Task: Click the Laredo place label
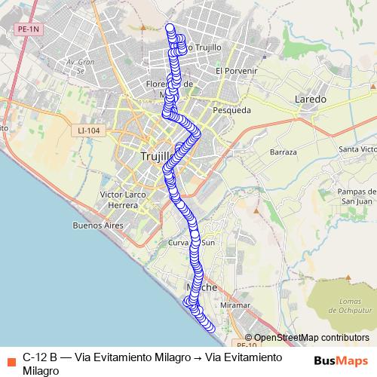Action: coord(311,99)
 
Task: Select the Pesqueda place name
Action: coord(232,110)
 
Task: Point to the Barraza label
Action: coord(283,152)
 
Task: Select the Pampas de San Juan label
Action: coord(355,195)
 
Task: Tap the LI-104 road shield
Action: coord(88,130)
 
